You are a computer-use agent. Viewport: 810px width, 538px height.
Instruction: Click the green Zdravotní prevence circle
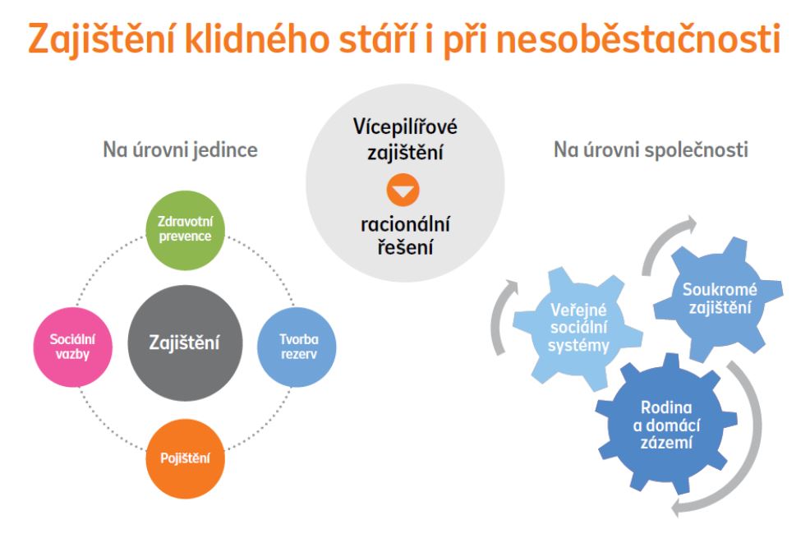click(185, 230)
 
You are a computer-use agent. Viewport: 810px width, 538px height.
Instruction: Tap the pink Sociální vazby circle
click(73, 347)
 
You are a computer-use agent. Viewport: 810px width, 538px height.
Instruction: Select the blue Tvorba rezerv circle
click(297, 347)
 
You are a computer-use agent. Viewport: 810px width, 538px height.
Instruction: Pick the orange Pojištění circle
click(185, 458)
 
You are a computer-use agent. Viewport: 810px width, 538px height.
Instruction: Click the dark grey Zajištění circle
click(185, 343)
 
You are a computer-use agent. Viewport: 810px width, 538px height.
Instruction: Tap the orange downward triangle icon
click(403, 190)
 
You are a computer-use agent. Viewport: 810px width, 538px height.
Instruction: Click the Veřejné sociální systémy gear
click(578, 329)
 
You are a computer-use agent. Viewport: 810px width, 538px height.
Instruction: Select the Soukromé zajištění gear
click(719, 300)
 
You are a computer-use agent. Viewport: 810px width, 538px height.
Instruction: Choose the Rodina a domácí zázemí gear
click(666, 425)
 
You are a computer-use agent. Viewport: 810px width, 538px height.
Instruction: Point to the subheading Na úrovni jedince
click(180, 149)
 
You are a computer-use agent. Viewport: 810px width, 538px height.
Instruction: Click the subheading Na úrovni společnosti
click(651, 149)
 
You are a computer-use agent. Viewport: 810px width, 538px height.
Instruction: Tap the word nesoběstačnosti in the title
click(638, 39)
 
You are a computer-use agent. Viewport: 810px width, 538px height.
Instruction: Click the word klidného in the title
click(257, 39)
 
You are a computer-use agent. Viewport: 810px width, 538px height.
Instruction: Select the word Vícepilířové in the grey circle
click(405, 127)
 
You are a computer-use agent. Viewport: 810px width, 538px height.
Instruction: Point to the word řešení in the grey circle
click(405, 246)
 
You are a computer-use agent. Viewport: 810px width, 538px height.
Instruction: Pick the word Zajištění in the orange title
click(102, 39)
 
